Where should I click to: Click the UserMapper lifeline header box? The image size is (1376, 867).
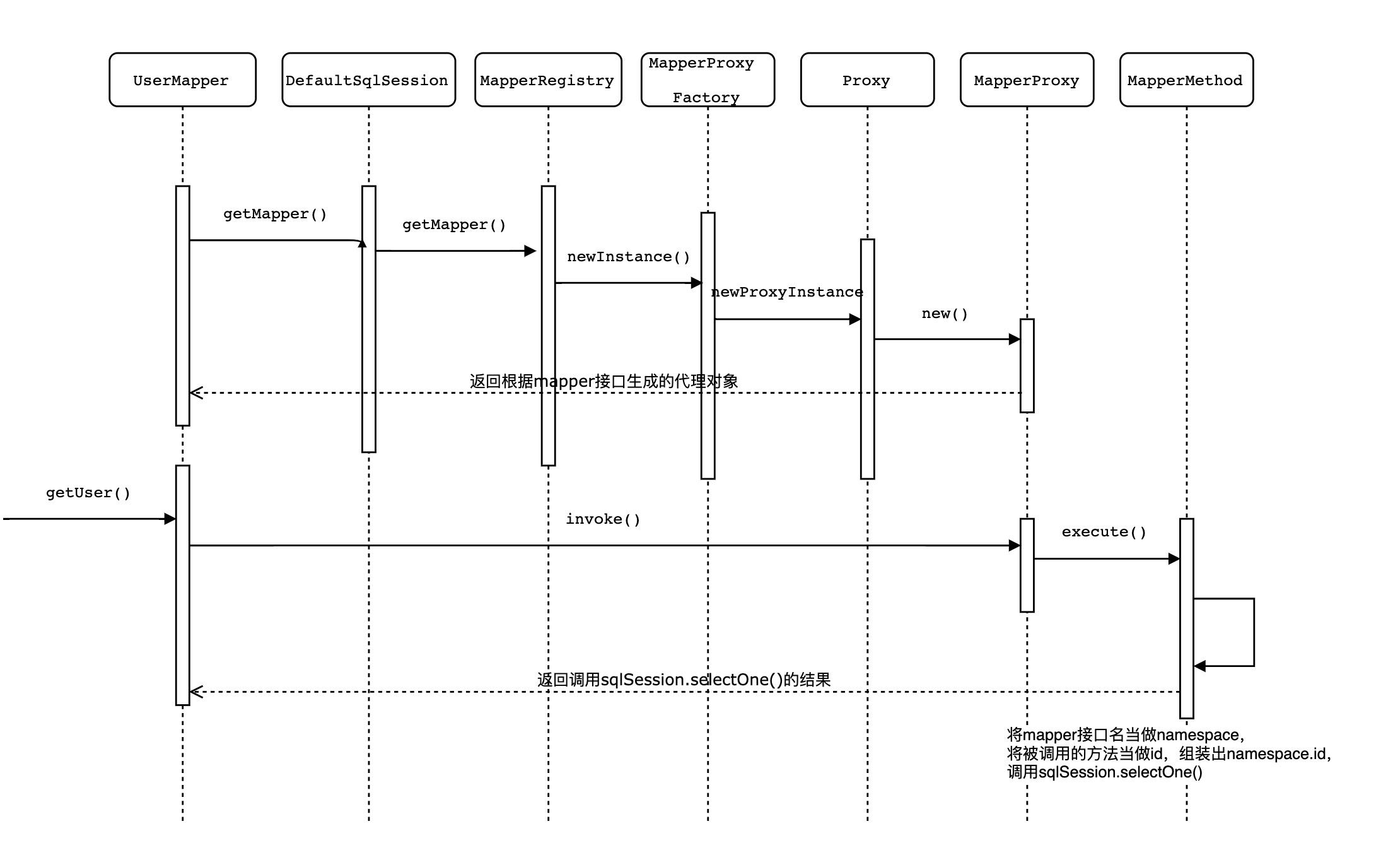click(x=182, y=80)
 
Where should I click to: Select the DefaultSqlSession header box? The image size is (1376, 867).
click(x=368, y=80)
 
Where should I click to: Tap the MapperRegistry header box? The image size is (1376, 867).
click(x=548, y=80)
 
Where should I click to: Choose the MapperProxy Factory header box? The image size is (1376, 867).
click(x=708, y=80)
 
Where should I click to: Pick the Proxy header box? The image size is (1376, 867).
click(x=867, y=80)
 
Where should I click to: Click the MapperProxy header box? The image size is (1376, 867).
click(x=1027, y=80)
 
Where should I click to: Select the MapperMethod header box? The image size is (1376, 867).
click(x=1186, y=80)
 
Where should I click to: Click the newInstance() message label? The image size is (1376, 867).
click(x=628, y=257)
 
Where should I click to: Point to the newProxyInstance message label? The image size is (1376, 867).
click(x=787, y=292)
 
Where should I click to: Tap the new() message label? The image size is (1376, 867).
click(x=945, y=314)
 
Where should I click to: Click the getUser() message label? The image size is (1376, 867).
click(x=88, y=493)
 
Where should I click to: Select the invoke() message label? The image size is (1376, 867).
click(x=603, y=519)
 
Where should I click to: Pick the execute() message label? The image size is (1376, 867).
click(x=1104, y=532)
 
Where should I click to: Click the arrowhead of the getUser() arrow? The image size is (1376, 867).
click(x=170, y=519)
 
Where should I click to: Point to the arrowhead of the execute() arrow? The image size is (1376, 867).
click(x=1174, y=558)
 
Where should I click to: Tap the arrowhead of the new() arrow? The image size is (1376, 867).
click(x=1015, y=339)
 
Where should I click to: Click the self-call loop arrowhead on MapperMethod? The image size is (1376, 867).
click(x=1199, y=666)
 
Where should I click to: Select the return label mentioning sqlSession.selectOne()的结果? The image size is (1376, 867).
click(x=684, y=680)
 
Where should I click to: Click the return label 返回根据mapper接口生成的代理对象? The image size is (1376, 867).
click(x=603, y=381)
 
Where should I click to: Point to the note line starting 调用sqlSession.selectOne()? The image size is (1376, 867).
click(x=1105, y=772)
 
